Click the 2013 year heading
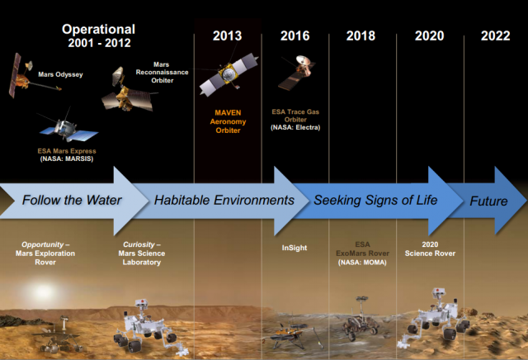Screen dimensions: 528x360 point(228,36)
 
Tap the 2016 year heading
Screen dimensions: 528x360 point(295,36)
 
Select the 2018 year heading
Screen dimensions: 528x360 point(361,36)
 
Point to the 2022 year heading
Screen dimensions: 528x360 point(495,36)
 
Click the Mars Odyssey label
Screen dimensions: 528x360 point(60,74)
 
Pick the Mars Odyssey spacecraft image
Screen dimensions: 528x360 point(32,76)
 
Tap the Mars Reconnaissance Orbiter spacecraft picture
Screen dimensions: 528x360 point(128,90)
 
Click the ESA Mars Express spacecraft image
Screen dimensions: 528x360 point(68,127)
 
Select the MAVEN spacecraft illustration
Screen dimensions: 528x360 point(229,74)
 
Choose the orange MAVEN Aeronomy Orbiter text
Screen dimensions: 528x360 point(228,121)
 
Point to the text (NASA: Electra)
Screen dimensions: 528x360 point(295,127)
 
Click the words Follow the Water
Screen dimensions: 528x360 point(72,200)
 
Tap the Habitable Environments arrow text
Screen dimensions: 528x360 point(224,200)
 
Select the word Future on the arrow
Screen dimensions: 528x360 point(488,201)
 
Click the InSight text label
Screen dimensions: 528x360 point(295,248)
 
